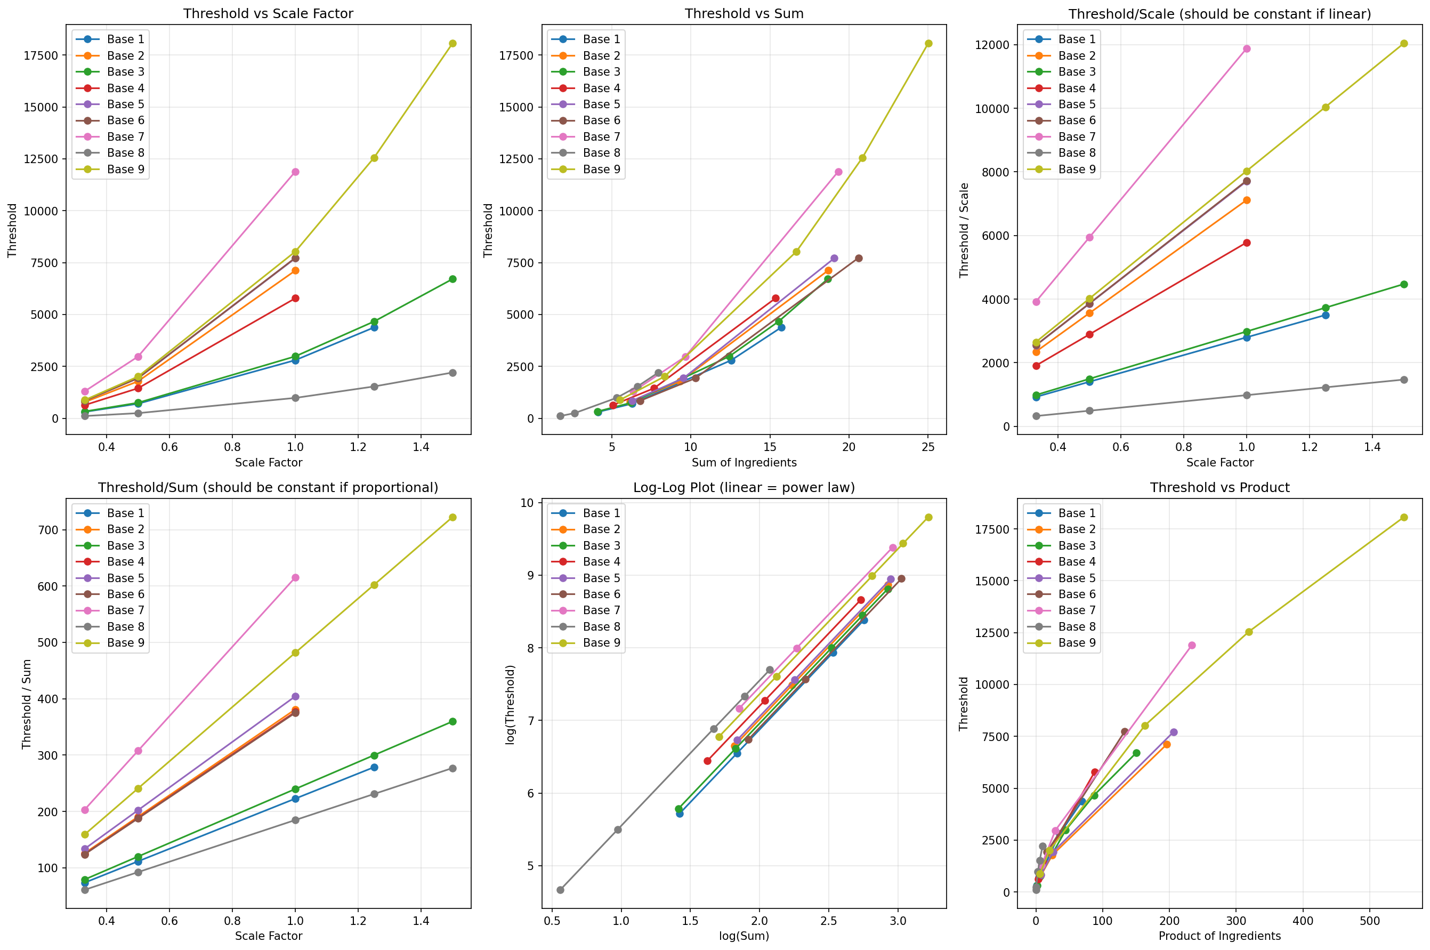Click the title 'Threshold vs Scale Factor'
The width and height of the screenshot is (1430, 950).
[x=268, y=13]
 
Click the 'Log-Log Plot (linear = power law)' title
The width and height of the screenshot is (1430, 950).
[x=744, y=487]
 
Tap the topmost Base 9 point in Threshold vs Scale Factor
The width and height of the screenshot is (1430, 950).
[x=453, y=44]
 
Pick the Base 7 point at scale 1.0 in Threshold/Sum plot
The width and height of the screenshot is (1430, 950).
[x=295, y=577]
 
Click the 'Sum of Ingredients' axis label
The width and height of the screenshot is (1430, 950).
[x=744, y=463]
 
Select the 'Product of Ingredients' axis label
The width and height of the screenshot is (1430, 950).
[x=1219, y=936]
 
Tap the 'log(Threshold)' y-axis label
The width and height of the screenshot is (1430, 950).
[x=511, y=704]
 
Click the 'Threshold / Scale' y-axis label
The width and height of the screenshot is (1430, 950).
[x=964, y=230]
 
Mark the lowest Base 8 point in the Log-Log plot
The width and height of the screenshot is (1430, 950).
[x=560, y=890]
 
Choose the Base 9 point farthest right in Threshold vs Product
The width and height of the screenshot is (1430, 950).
[x=1403, y=518]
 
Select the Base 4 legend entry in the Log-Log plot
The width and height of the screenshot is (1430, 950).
[x=601, y=562]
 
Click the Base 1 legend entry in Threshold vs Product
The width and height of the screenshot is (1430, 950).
[x=1076, y=513]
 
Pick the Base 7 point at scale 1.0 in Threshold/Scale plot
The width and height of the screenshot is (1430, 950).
[x=1246, y=49]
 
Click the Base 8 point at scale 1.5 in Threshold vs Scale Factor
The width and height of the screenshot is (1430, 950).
[x=453, y=373]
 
